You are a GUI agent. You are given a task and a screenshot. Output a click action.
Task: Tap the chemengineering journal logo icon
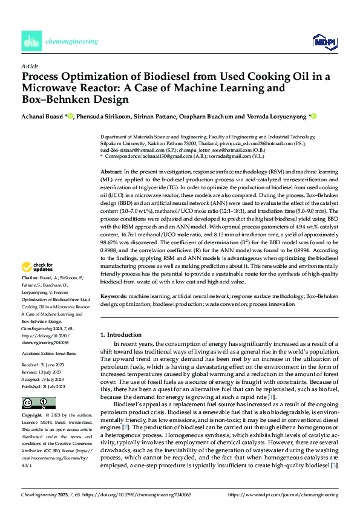tap(30, 41)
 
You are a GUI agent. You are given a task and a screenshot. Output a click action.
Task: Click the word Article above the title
tap(30, 66)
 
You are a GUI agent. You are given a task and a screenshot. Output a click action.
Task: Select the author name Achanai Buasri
tap(41, 116)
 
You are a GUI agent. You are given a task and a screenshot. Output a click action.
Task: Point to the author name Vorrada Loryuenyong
tap(280, 116)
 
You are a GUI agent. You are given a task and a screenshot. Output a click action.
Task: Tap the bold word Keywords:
tap(113, 297)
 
